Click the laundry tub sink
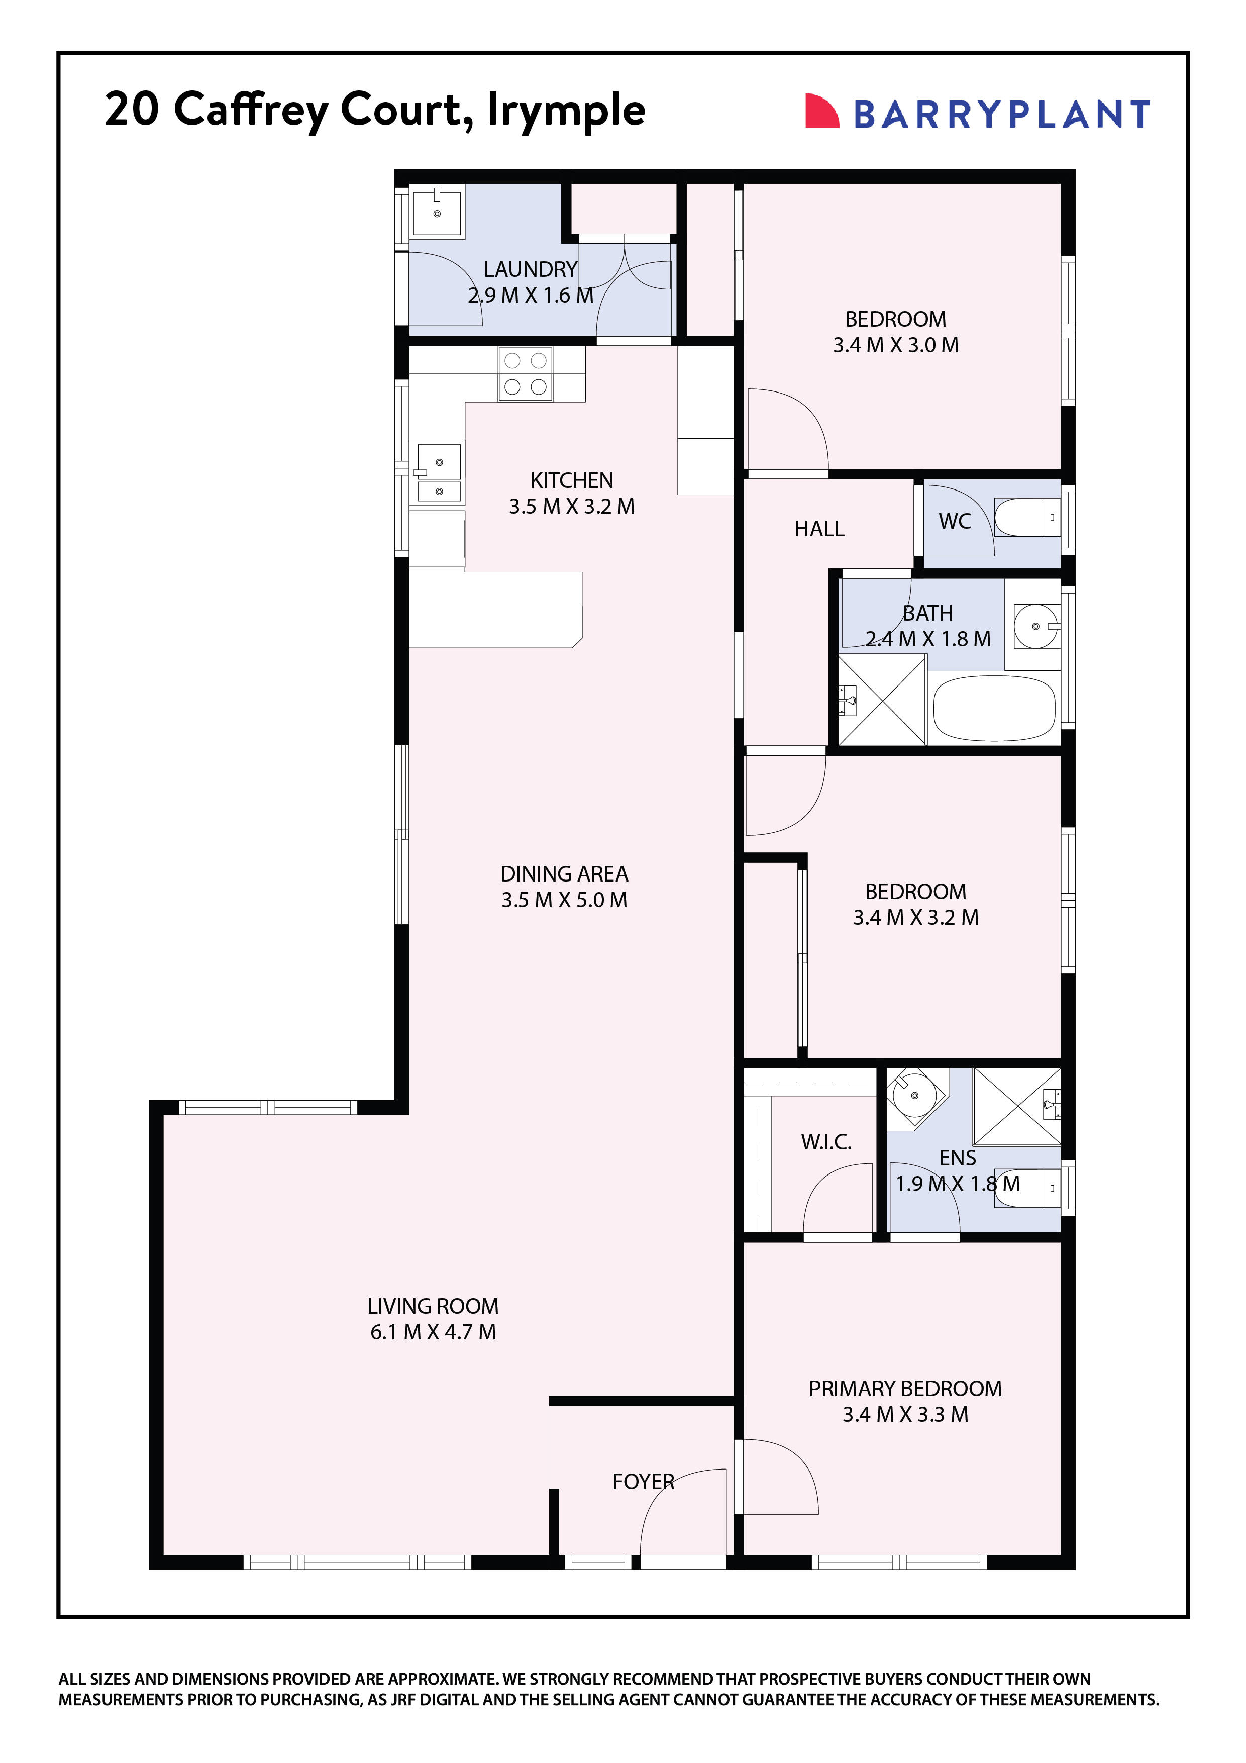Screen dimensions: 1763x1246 [436, 213]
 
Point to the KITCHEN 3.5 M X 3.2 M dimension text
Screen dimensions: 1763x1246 [571, 507]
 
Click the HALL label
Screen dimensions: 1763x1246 [818, 529]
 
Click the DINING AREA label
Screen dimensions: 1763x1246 [564, 874]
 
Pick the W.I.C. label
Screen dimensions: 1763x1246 [826, 1142]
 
